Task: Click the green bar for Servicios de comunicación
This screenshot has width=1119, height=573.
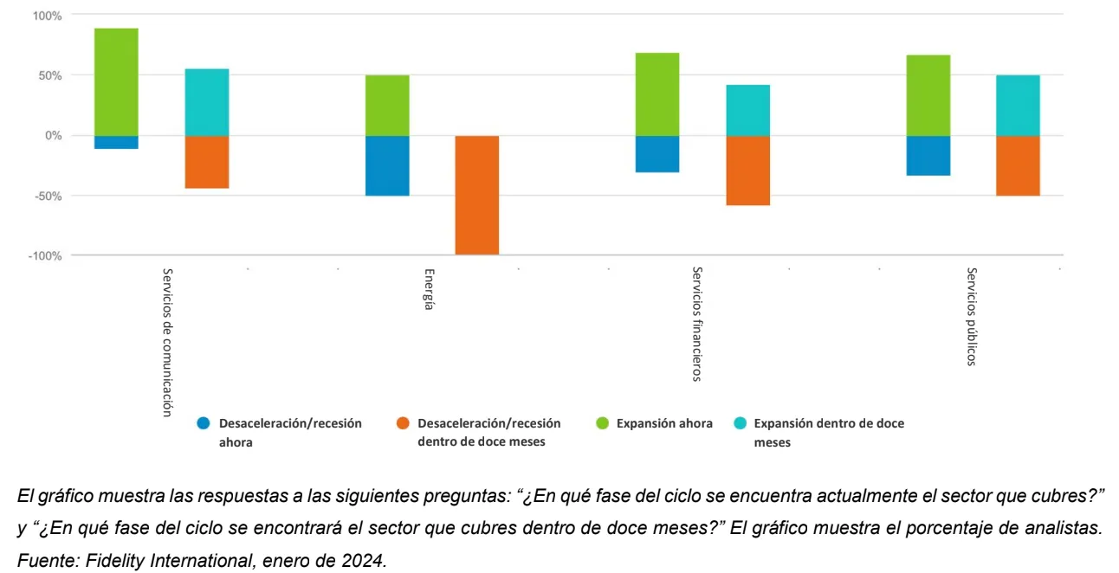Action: point(116,82)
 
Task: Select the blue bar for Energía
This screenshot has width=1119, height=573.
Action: point(387,165)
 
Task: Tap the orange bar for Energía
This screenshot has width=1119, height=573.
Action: point(477,195)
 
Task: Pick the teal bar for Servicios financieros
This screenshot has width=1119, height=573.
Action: point(748,110)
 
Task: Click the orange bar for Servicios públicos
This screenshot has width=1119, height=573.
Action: point(1018,165)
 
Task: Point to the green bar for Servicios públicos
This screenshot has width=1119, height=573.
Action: point(928,95)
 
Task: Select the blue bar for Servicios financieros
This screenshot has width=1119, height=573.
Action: point(657,154)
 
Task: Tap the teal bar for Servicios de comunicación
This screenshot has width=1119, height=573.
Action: point(207,102)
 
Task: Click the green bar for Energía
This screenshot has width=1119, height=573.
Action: point(387,106)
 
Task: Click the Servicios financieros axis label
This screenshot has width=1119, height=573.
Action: point(697,324)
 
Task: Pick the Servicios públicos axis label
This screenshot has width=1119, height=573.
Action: point(972,317)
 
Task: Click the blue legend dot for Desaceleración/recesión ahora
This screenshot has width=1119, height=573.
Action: point(204,424)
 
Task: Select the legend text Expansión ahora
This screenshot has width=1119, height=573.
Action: point(664,424)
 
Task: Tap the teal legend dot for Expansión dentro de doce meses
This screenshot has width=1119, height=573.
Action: point(741,424)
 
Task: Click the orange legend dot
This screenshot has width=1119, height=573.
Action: point(402,424)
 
